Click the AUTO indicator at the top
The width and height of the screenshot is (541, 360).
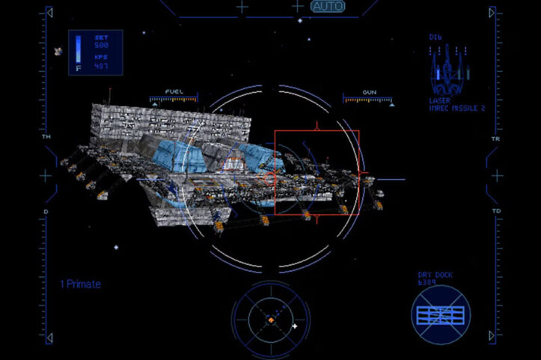coord(328,6)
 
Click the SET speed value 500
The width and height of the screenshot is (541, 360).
coord(101,45)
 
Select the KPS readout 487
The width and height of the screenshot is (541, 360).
coord(101,66)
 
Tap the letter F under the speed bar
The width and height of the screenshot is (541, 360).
coord(78,68)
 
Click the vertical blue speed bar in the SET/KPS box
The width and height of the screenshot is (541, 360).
coord(78,49)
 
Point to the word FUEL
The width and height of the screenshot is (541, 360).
coord(174,91)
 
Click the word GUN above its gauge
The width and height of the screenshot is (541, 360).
coord(369,91)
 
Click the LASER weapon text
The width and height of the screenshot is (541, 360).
coord(439,100)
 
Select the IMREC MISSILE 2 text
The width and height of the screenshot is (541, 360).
coord(457,108)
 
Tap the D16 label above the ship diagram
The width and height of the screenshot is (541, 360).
coord(435,37)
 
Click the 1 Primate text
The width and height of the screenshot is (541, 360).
coord(80,284)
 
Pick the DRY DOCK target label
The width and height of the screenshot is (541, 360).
coord(435,275)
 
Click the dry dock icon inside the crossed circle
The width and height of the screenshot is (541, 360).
coord(441,314)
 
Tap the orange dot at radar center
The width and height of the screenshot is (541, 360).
coord(271,320)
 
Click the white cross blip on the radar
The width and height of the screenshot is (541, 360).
coord(295,326)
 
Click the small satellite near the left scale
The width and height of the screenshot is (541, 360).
coord(58,52)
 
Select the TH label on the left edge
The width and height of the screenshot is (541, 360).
coord(46,138)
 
